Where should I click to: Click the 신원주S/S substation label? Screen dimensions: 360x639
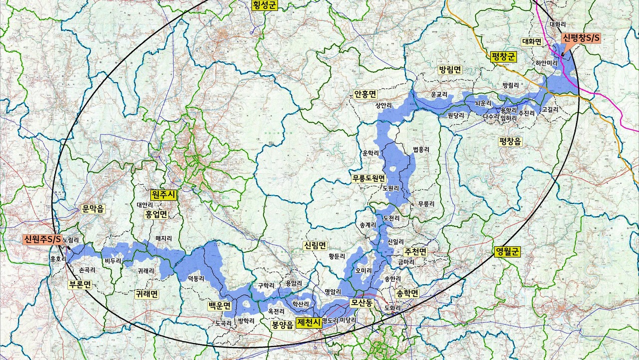click(x=42, y=240)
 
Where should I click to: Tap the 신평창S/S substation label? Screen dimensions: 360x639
click(x=581, y=38)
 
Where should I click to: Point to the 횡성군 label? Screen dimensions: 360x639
click(x=264, y=5)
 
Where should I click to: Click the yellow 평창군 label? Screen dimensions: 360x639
click(x=503, y=56)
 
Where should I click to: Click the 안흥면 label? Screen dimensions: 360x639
click(x=365, y=94)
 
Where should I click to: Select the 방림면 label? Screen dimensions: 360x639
click(x=450, y=70)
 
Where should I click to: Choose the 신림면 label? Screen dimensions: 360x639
click(x=315, y=246)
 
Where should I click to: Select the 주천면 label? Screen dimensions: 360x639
click(x=415, y=252)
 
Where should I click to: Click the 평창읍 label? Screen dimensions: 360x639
click(x=510, y=142)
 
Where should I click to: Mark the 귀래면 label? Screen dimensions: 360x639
click(x=147, y=294)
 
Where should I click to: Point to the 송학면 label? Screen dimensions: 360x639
click(x=407, y=294)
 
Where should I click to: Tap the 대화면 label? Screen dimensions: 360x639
click(x=531, y=41)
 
